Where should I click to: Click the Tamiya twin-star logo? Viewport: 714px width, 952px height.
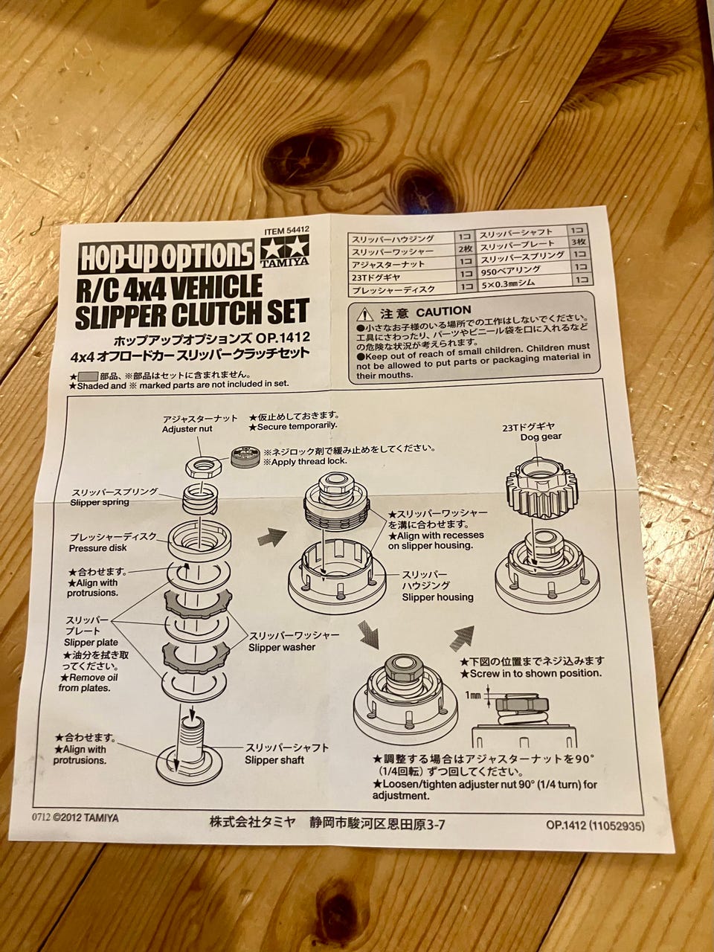pos(284,249)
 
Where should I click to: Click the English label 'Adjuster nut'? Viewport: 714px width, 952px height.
pos(181,429)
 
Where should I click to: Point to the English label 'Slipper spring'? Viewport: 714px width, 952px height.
pos(100,502)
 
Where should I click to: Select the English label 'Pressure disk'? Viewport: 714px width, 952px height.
pos(98,548)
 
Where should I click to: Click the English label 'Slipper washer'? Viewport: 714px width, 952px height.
pos(282,647)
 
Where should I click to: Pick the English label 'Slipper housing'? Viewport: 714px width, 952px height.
pos(437,597)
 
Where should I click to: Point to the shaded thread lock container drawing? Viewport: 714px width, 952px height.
pos(245,457)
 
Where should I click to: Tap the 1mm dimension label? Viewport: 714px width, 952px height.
pos(473,695)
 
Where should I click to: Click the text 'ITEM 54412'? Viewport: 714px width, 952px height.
pos(287,231)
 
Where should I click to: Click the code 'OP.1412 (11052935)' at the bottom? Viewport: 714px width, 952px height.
pos(595,826)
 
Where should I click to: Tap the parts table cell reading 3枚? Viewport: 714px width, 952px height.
pos(579,242)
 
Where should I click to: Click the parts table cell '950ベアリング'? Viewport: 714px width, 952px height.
pos(511,271)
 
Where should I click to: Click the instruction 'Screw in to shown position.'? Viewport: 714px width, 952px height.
pos(530,674)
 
